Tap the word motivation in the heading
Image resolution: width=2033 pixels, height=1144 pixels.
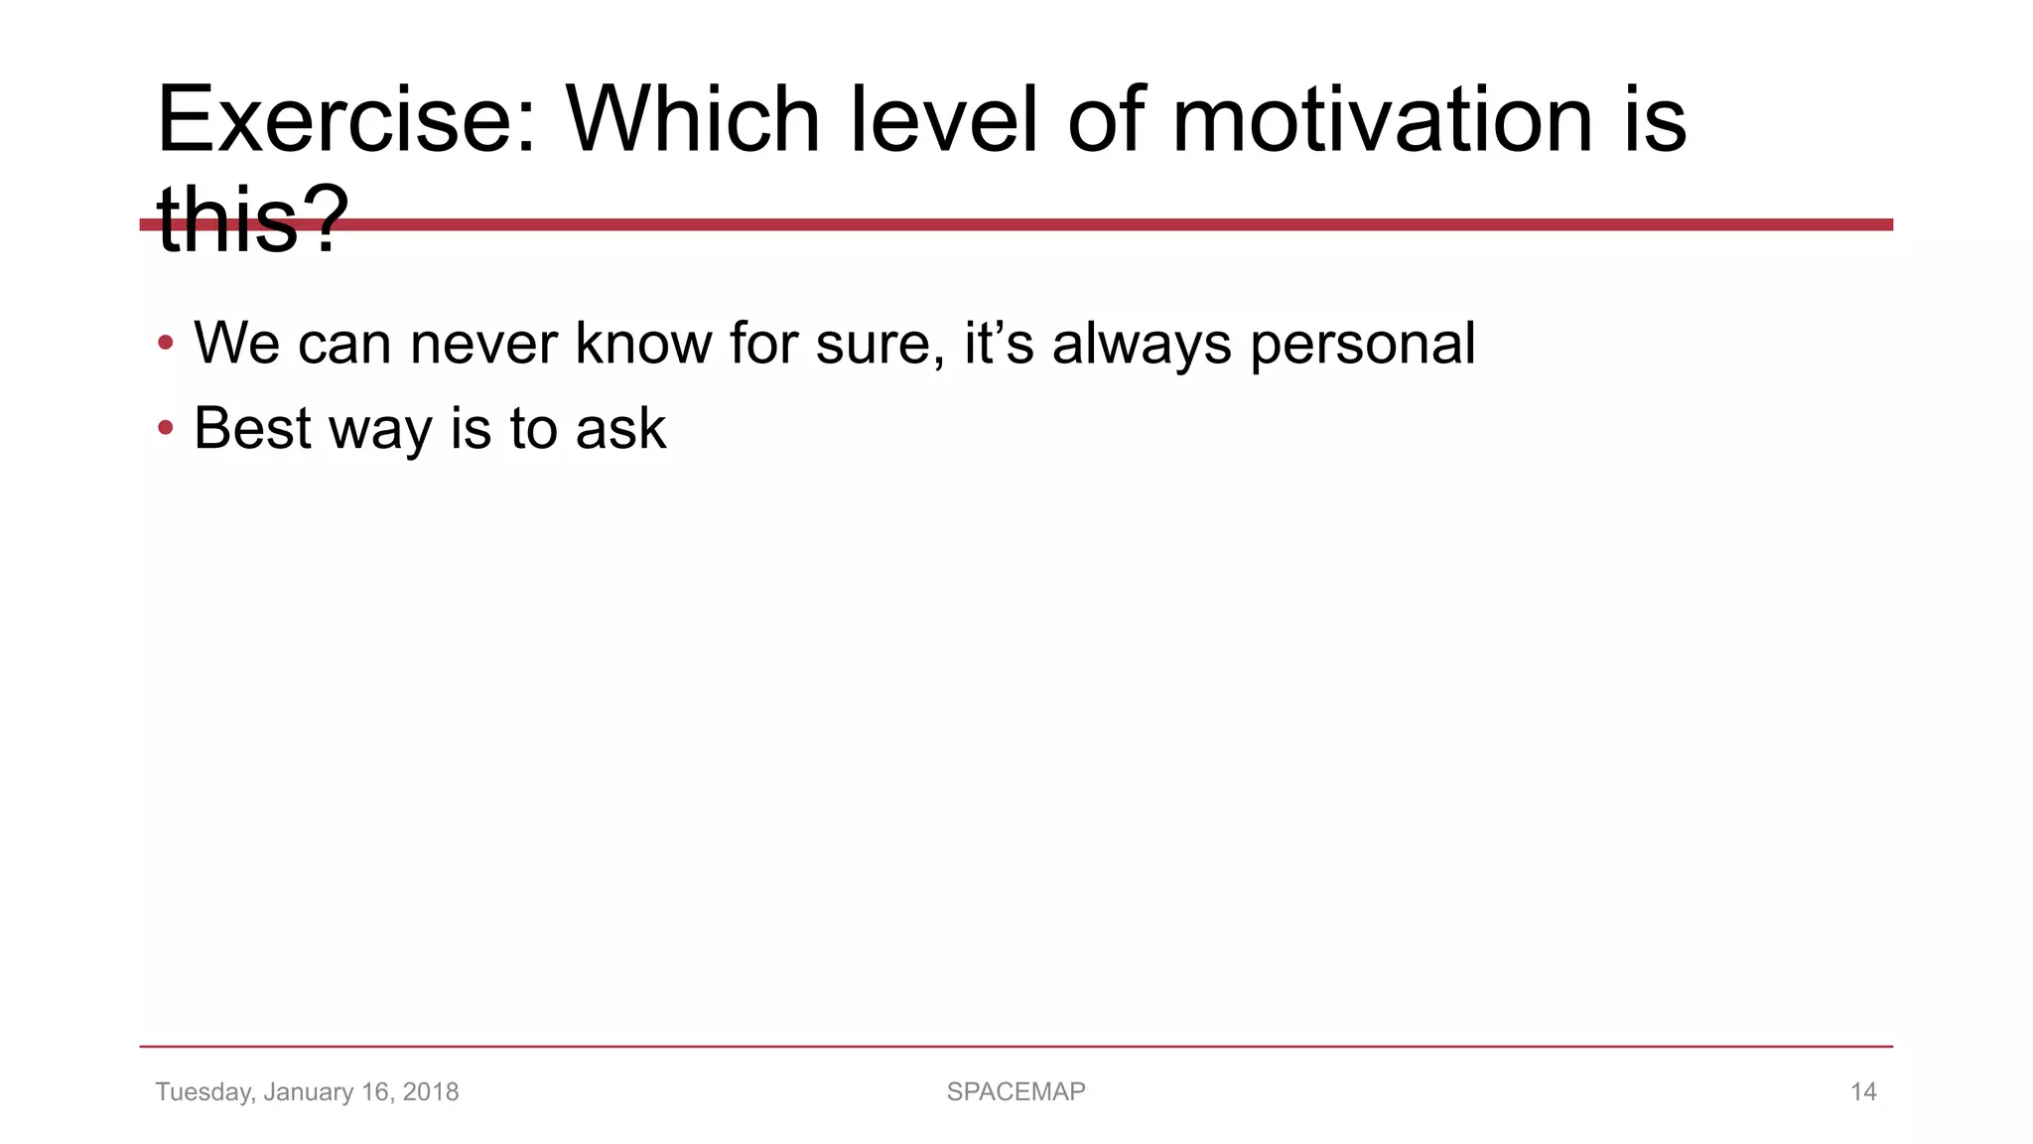pyautogui.click(x=1381, y=121)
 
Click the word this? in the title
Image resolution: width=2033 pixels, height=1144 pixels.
pyautogui.click(x=253, y=220)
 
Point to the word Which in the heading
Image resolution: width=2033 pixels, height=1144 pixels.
pyautogui.click(x=692, y=121)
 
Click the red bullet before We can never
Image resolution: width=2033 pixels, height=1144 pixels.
pyautogui.click(x=166, y=344)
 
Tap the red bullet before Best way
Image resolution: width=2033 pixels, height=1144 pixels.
pyautogui.click(x=166, y=429)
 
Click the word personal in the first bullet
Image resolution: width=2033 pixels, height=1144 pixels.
pyautogui.click(x=1362, y=344)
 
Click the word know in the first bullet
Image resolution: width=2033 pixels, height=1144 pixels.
pyautogui.click(x=643, y=344)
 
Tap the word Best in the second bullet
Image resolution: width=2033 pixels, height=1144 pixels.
pyautogui.click(x=252, y=429)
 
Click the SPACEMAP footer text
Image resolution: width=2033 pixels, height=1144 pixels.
pyautogui.click(x=1016, y=1092)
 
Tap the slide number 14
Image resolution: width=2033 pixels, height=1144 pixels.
pyautogui.click(x=1863, y=1092)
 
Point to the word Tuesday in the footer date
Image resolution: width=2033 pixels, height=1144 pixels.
pyautogui.click(x=203, y=1092)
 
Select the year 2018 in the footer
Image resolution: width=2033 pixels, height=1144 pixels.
pyautogui.click(x=431, y=1092)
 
